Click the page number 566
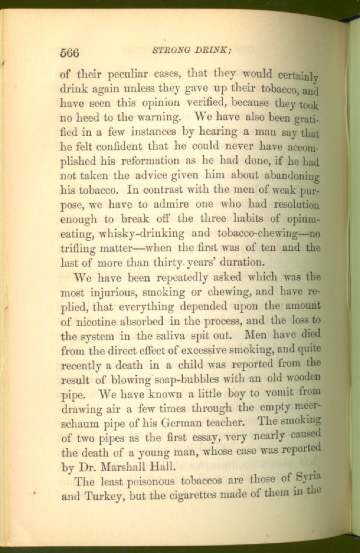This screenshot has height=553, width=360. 69,53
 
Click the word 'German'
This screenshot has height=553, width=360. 185,423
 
